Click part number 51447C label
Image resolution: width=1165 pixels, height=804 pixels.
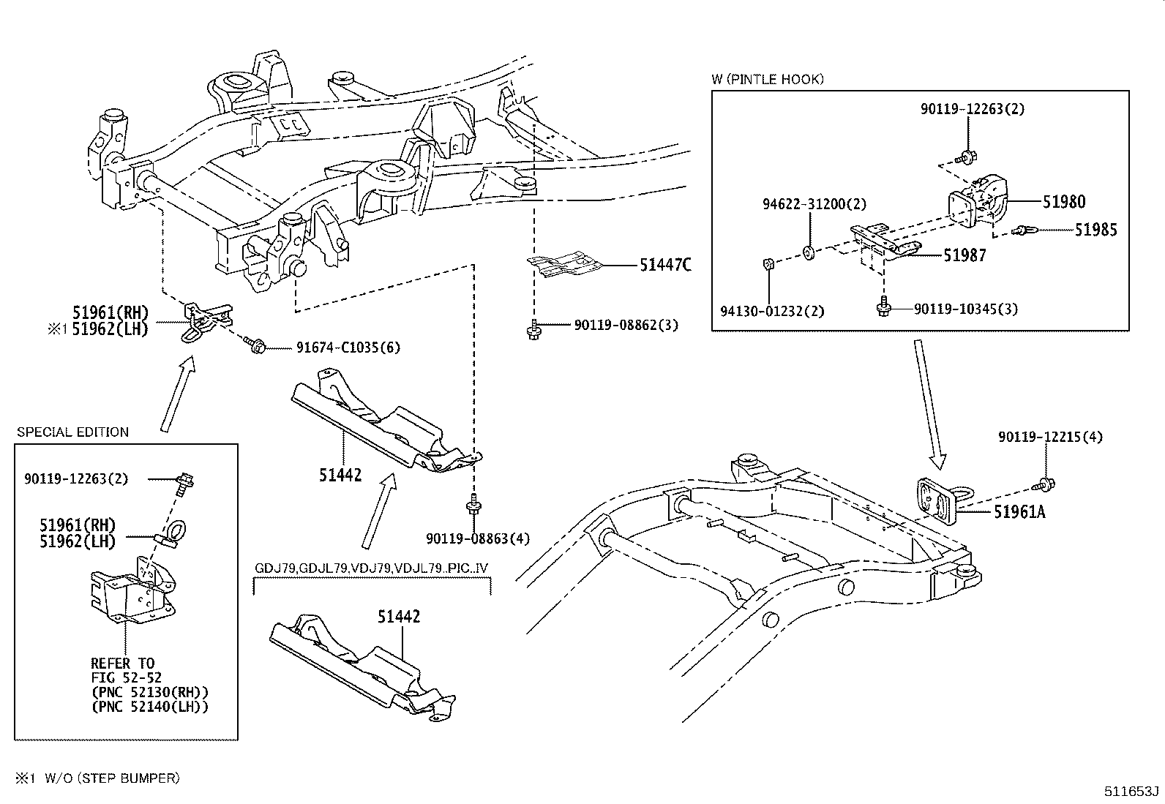[x=664, y=266]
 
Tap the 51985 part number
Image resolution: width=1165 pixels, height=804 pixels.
[x=1095, y=230]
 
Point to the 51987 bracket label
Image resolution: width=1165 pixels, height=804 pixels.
[x=964, y=255]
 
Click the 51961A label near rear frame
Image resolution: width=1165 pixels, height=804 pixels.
[x=1019, y=513]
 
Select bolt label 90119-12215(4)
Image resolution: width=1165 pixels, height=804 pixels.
[x=1050, y=437]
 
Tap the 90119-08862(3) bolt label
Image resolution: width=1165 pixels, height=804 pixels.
[x=626, y=325]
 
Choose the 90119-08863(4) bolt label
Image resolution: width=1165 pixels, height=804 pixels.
[x=477, y=539]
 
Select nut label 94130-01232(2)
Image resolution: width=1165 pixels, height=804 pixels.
[x=771, y=311]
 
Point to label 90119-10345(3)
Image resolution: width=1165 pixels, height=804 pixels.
[x=965, y=309]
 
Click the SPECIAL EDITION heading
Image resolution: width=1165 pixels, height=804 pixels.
[x=72, y=432]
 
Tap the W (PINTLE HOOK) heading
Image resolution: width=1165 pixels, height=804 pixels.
[x=767, y=79]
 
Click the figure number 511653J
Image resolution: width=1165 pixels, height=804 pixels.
[x=1132, y=791]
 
